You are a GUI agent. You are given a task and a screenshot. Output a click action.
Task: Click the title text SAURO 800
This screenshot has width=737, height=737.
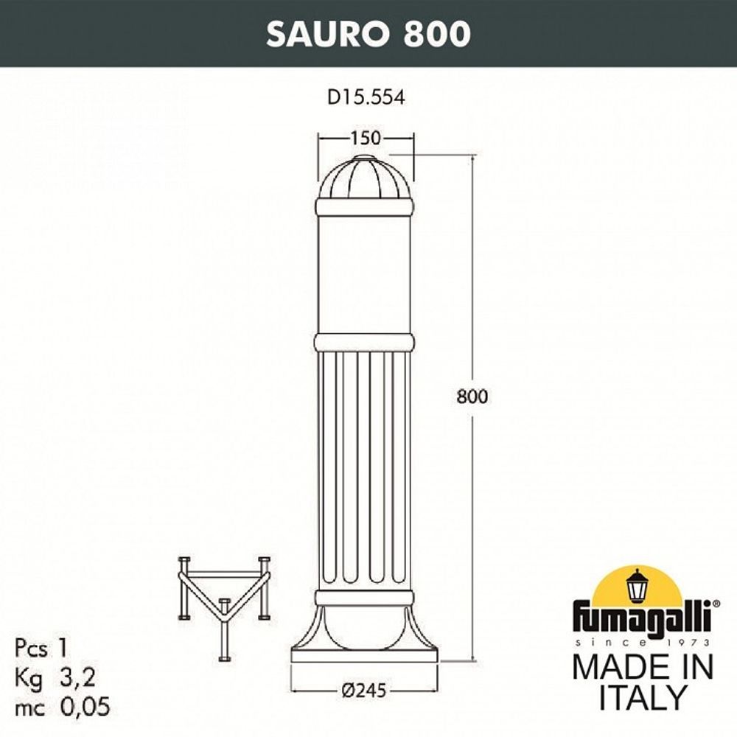click(x=368, y=34)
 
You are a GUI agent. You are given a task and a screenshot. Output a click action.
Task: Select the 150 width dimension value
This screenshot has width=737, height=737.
click(x=366, y=138)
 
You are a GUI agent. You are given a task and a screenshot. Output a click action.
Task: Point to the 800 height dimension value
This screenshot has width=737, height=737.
click(x=472, y=396)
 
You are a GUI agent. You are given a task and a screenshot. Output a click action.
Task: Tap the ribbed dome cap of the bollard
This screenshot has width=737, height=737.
click(x=365, y=181)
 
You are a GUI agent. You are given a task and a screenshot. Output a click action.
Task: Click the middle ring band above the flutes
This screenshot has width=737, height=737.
click(x=364, y=342)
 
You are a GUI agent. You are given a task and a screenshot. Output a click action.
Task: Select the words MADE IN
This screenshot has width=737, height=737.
click(x=643, y=667)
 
